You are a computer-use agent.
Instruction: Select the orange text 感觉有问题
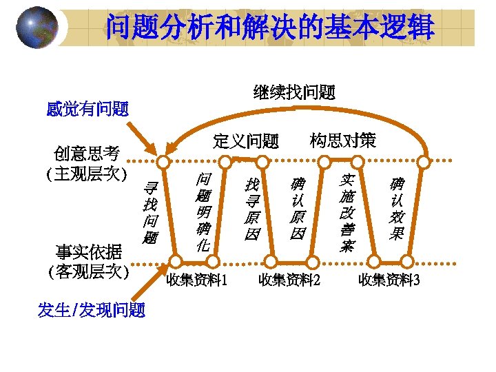[87, 109]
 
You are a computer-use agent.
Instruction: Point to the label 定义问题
[246, 142]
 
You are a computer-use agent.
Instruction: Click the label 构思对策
[343, 141]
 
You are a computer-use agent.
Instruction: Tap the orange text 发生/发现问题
[92, 311]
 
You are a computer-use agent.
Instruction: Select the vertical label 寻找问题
[150, 213]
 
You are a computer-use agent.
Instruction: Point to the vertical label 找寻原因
[253, 209]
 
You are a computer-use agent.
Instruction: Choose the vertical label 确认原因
[298, 209]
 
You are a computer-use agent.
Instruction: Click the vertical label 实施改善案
[347, 212]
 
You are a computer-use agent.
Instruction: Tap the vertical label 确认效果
[396, 209]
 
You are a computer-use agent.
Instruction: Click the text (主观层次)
[87, 173]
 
